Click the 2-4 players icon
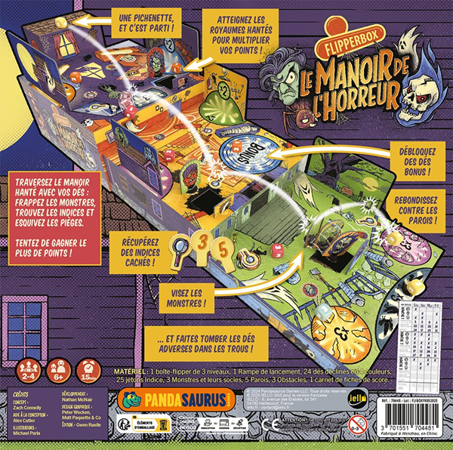point(29,371)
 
